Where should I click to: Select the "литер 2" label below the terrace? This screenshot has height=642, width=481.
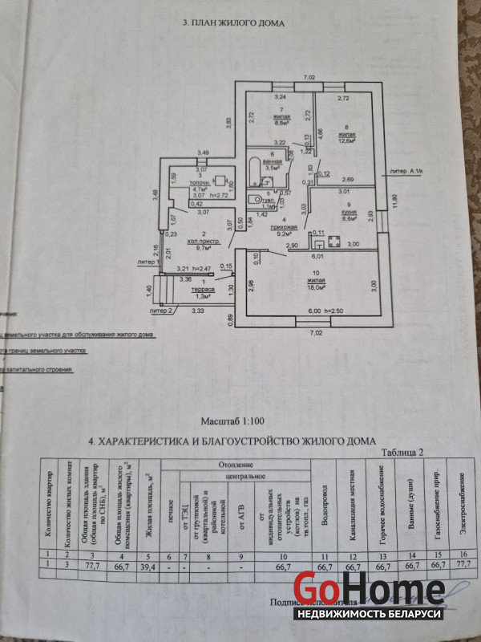(x=161, y=309)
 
